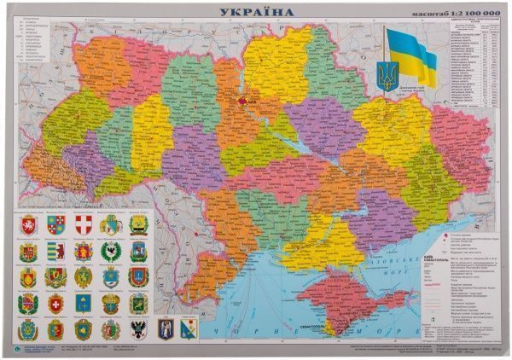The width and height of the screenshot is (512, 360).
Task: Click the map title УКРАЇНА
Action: pos(256,11)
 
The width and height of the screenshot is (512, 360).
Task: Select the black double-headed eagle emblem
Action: pos(110,329)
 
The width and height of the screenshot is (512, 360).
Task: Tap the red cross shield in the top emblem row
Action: pos(83,224)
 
